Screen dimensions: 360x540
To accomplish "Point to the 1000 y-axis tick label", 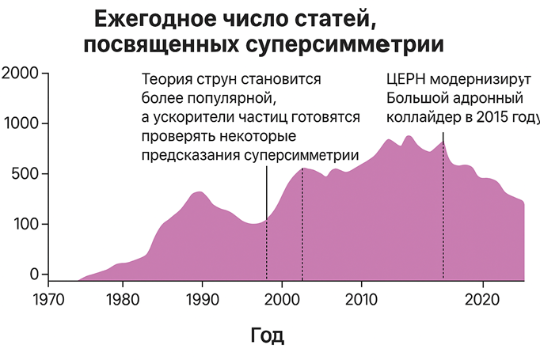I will coord(19,124).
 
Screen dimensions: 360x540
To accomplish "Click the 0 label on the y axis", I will coord(33,274).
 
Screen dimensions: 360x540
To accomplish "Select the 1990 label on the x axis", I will coord(202,300).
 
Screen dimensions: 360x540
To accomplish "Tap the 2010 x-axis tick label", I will coord(361,300).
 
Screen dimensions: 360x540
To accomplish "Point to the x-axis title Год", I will coord(267,335).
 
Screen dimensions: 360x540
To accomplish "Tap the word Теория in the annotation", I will coord(167,80).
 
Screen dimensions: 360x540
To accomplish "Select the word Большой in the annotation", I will coord(416,99).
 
